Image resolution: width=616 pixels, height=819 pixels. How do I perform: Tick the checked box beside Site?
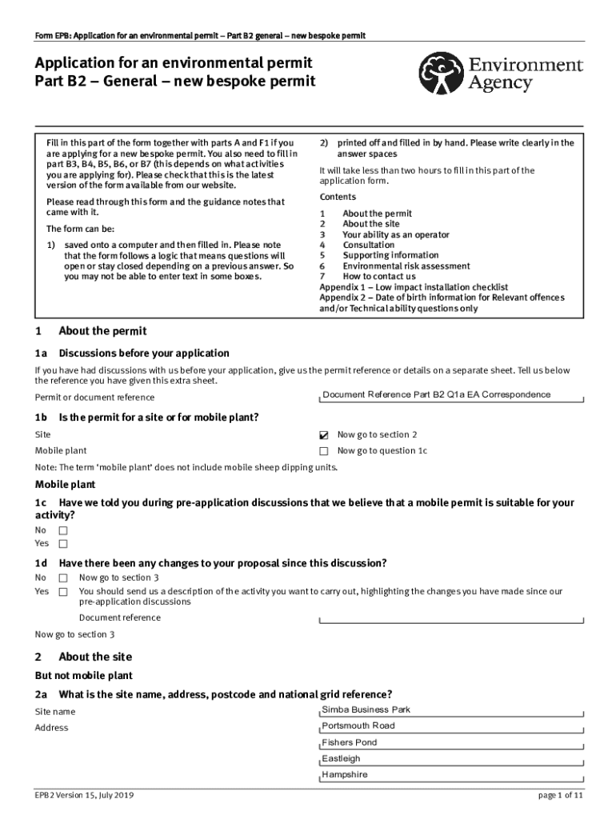tap(324, 435)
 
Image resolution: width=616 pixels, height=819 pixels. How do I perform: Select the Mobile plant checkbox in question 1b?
tap(324, 451)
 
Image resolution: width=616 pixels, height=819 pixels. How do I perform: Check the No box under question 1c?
tap(63, 530)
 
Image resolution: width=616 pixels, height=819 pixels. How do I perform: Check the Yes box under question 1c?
tap(63, 544)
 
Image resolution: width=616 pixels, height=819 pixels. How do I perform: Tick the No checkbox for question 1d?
tap(63, 577)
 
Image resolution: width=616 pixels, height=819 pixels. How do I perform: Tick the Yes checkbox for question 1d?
tap(63, 592)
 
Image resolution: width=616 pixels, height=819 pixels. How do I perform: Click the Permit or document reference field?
tap(451, 395)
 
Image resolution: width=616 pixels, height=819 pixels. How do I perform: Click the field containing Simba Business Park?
tap(451, 710)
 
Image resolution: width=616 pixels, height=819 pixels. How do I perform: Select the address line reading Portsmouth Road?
tap(451, 726)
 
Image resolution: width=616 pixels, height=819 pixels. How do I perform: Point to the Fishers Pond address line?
tap(451, 743)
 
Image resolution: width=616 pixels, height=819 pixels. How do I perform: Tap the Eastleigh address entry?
tap(451, 759)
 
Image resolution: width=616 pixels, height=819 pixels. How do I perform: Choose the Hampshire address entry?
tap(451, 775)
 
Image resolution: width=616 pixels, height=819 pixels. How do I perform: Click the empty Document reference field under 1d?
tap(451, 618)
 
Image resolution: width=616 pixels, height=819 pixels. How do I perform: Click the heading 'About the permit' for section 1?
tap(102, 331)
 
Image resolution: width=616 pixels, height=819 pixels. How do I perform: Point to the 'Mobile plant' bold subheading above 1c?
tap(65, 485)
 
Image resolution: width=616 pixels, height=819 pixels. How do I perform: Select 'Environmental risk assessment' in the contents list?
tap(406, 266)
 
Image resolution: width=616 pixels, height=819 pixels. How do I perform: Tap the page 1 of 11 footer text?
tap(561, 796)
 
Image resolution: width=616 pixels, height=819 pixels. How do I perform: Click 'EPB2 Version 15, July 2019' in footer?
tap(84, 796)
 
